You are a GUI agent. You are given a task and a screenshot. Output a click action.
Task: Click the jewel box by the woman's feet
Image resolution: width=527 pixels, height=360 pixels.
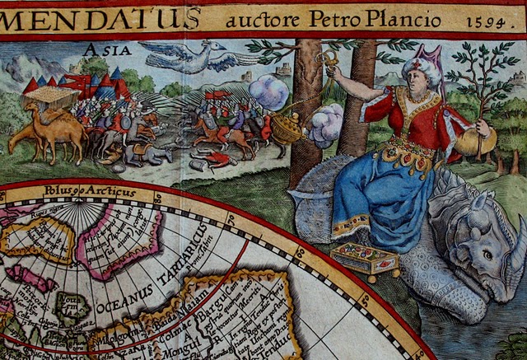click(x=370, y=259)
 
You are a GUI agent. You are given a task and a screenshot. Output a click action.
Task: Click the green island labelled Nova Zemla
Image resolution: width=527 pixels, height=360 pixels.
click(x=72, y=307)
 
